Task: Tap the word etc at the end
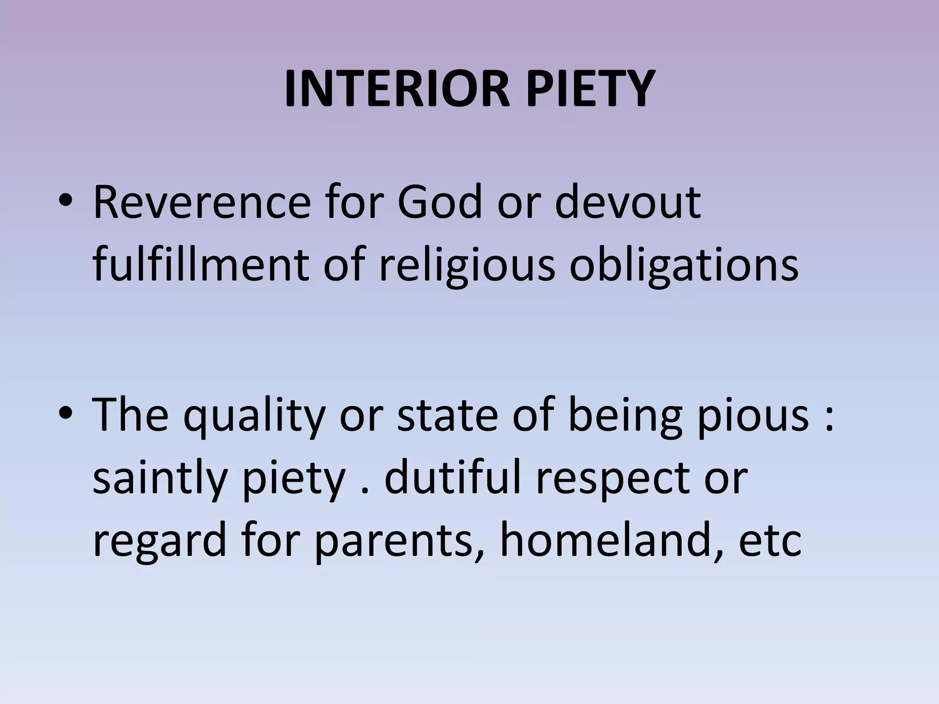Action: [x=770, y=541]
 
